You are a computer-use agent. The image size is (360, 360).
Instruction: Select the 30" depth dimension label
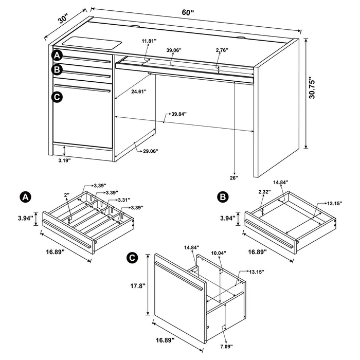pyautogui.click(x=64, y=19)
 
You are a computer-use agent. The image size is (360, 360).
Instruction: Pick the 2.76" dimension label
pyautogui.click(x=222, y=50)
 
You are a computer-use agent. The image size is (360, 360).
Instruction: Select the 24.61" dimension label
pyautogui.click(x=138, y=92)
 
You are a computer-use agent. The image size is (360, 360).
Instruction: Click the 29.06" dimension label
pyautogui.click(x=150, y=151)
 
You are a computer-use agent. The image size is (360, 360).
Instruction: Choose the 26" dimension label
pyautogui.click(x=235, y=178)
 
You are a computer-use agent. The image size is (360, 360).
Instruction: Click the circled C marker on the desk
pyautogui.click(x=57, y=96)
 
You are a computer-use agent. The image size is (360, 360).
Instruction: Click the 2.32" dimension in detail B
pyautogui.click(x=266, y=192)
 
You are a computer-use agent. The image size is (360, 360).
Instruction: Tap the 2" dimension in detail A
pyautogui.click(x=67, y=195)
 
